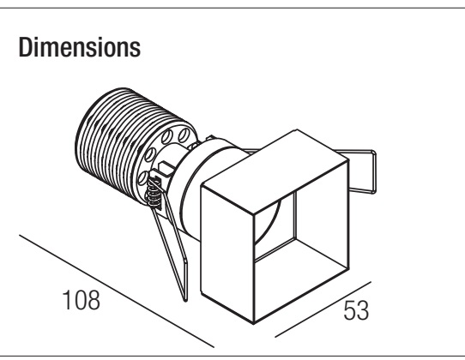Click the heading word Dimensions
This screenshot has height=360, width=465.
[80, 47]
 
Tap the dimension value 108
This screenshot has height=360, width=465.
[82, 300]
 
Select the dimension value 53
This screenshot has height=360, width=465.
[356, 310]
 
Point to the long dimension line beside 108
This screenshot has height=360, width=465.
[117, 291]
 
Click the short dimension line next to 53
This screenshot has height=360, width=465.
[323, 309]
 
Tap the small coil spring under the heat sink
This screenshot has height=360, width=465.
[154, 193]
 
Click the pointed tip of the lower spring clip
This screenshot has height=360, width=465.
[185, 301]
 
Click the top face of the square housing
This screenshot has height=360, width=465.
[275, 171]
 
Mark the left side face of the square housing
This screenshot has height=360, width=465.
[227, 255]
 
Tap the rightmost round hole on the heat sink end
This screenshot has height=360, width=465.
[184, 135]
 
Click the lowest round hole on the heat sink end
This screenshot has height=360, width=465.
[143, 177]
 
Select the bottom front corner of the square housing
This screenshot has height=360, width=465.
[254, 323]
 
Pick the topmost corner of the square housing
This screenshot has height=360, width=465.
[297, 129]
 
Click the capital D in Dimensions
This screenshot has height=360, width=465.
[25, 47]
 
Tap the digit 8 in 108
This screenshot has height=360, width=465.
[94, 300]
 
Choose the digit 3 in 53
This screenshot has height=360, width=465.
[363, 310]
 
